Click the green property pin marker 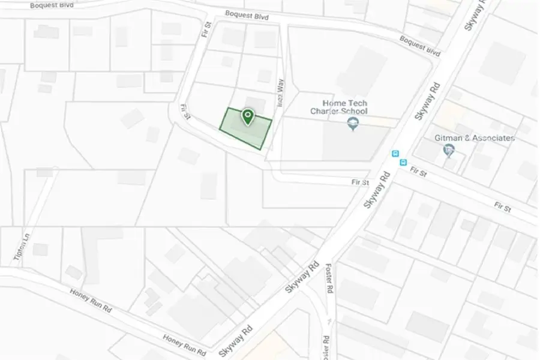(x=247, y=116)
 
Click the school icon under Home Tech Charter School (x=353, y=124)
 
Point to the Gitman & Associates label (x=475, y=138)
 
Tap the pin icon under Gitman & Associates (x=449, y=150)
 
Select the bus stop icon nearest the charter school (x=395, y=154)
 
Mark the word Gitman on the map (x=448, y=138)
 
